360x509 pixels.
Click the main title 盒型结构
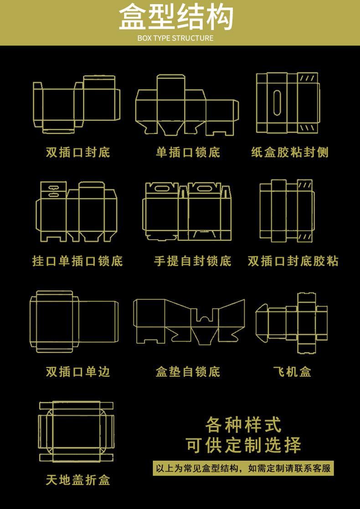(176, 17)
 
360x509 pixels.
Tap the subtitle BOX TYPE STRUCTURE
(175, 38)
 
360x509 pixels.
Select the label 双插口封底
(78, 152)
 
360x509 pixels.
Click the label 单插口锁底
(188, 152)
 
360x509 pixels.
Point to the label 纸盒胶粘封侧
(290, 152)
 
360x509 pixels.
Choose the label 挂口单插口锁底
(77, 261)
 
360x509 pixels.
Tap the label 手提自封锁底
(192, 261)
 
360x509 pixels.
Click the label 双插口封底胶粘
(293, 261)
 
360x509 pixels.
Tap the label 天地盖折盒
(78, 480)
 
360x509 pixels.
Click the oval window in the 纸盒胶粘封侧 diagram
(277, 103)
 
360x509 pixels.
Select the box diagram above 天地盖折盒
(76, 432)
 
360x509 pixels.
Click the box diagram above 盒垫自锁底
(189, 322)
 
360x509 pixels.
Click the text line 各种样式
(243, 425)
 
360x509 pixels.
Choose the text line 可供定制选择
(243, 445)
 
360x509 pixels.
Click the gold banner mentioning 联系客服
(243, 468)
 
